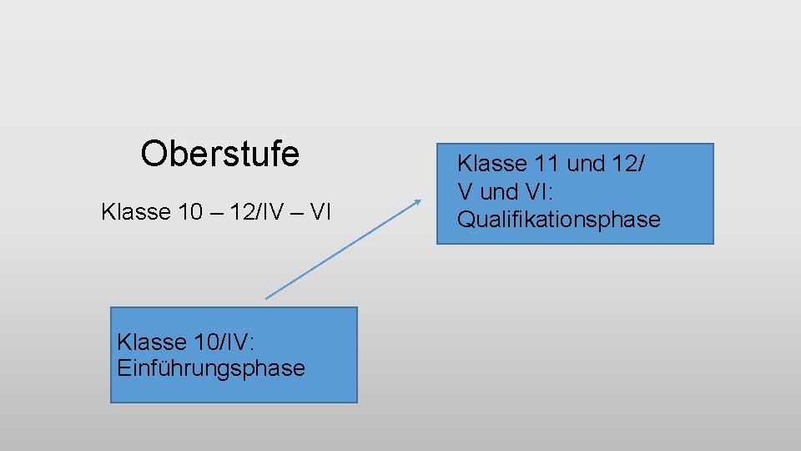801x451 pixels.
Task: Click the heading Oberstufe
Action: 219,154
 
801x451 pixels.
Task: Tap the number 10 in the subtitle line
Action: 191,212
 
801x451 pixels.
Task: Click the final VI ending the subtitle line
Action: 320,212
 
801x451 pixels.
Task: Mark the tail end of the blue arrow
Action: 267,297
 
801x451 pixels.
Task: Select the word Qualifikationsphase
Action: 558,220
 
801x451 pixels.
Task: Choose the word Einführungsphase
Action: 211,368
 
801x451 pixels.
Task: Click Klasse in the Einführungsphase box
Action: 152,342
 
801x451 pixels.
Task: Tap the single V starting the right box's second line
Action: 465,192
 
